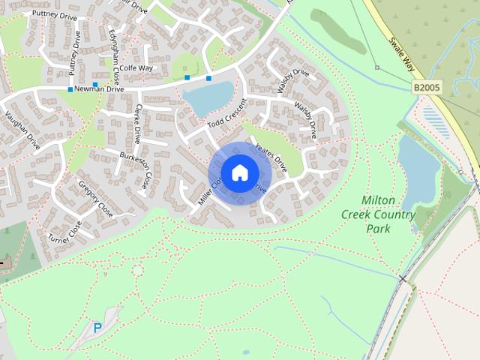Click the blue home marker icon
(x=239, y=173)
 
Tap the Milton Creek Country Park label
(x=388, y=214)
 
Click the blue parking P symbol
(x=97, y=328)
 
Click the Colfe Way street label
(x=135, y=67)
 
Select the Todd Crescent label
(x=226, y=112)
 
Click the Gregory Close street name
(x=95, y=199)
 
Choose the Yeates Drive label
(x=271, y=155)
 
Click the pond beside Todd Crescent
(x=208, y=98)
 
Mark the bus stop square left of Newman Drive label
(x=70, y=90)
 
